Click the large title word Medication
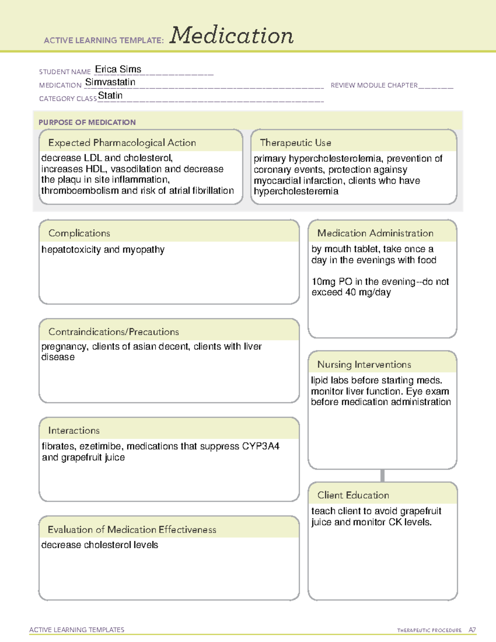tap(231, 36)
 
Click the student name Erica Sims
tap(118, 69)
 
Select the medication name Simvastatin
tap(110, 82)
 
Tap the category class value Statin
tap(110, 95)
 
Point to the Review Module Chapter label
tap(374, 85)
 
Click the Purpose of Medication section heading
tap(87, 122)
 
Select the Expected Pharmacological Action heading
tap(122, 143)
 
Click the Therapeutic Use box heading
tap(295, 143)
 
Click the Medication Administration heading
tap(375, 233)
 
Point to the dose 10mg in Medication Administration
tap(324, 282)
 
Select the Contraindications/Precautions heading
tap(113, 332)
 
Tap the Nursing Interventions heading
tap(364, 364)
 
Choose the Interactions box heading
tap(74, 430)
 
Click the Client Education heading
tap(353, 495)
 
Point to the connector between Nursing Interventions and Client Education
tap(382, 475)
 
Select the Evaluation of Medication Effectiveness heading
tap(132, 530)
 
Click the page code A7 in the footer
tap(472, 630)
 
